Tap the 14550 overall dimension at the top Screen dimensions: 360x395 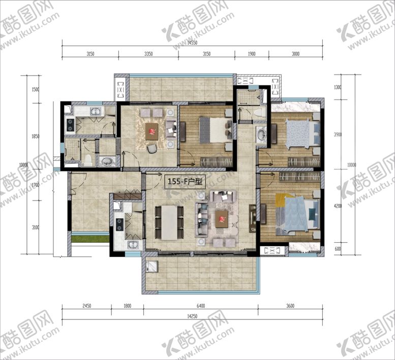pos(192,43)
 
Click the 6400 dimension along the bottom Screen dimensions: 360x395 pos(200,306)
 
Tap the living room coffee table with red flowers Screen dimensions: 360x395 pos(222,219)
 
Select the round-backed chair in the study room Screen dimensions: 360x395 pos(152,148)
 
